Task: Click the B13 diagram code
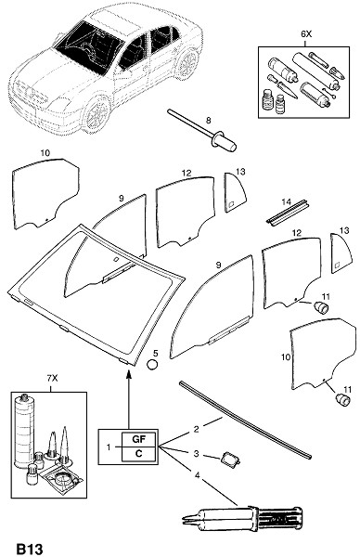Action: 30,549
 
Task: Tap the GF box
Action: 138,439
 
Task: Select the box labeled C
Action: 138,454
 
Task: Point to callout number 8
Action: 209,121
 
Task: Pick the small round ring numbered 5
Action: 152,365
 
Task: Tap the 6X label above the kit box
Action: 305,34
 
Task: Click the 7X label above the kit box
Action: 52,379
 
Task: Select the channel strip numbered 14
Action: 288,214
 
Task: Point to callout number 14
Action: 286,201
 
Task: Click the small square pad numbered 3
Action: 230,460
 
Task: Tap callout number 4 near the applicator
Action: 197,475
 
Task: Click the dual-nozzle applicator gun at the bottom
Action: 241,519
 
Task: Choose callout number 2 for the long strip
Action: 197,429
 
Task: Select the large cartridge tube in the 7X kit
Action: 24,432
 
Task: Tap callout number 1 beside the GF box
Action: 109,447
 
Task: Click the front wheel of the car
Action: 96,114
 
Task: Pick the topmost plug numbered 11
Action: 322,307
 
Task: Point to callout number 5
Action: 155,353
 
